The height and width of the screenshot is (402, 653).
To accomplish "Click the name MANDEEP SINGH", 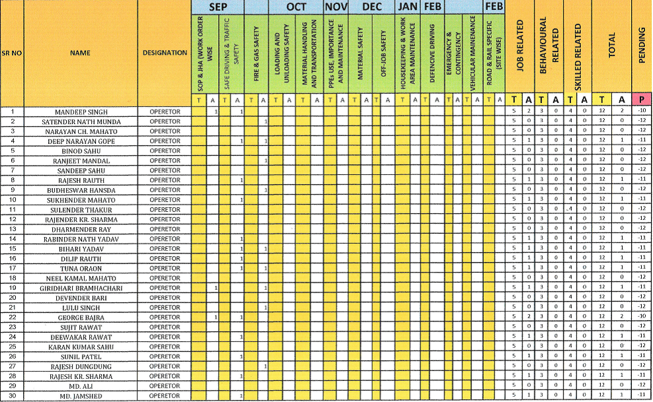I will pos(80,112).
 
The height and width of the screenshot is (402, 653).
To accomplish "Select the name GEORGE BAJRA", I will pos(81,318).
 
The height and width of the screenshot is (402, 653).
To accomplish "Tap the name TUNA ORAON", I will pos(81,269).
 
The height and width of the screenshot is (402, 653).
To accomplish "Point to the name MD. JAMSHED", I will pos(81,396).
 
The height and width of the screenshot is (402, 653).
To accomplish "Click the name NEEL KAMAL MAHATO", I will pos(81,279).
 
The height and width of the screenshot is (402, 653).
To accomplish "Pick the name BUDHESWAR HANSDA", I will pos(81,190).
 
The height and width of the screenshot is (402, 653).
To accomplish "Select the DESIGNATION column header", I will pos(165,52).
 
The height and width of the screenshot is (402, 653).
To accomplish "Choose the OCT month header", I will pos(296,7).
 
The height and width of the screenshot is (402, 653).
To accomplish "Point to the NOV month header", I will pos(336,7).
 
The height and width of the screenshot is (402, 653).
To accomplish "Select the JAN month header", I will pos(408,7).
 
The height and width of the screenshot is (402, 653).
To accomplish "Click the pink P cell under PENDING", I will pos(641,99).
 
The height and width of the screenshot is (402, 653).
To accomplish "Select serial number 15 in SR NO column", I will pos(13,249).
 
